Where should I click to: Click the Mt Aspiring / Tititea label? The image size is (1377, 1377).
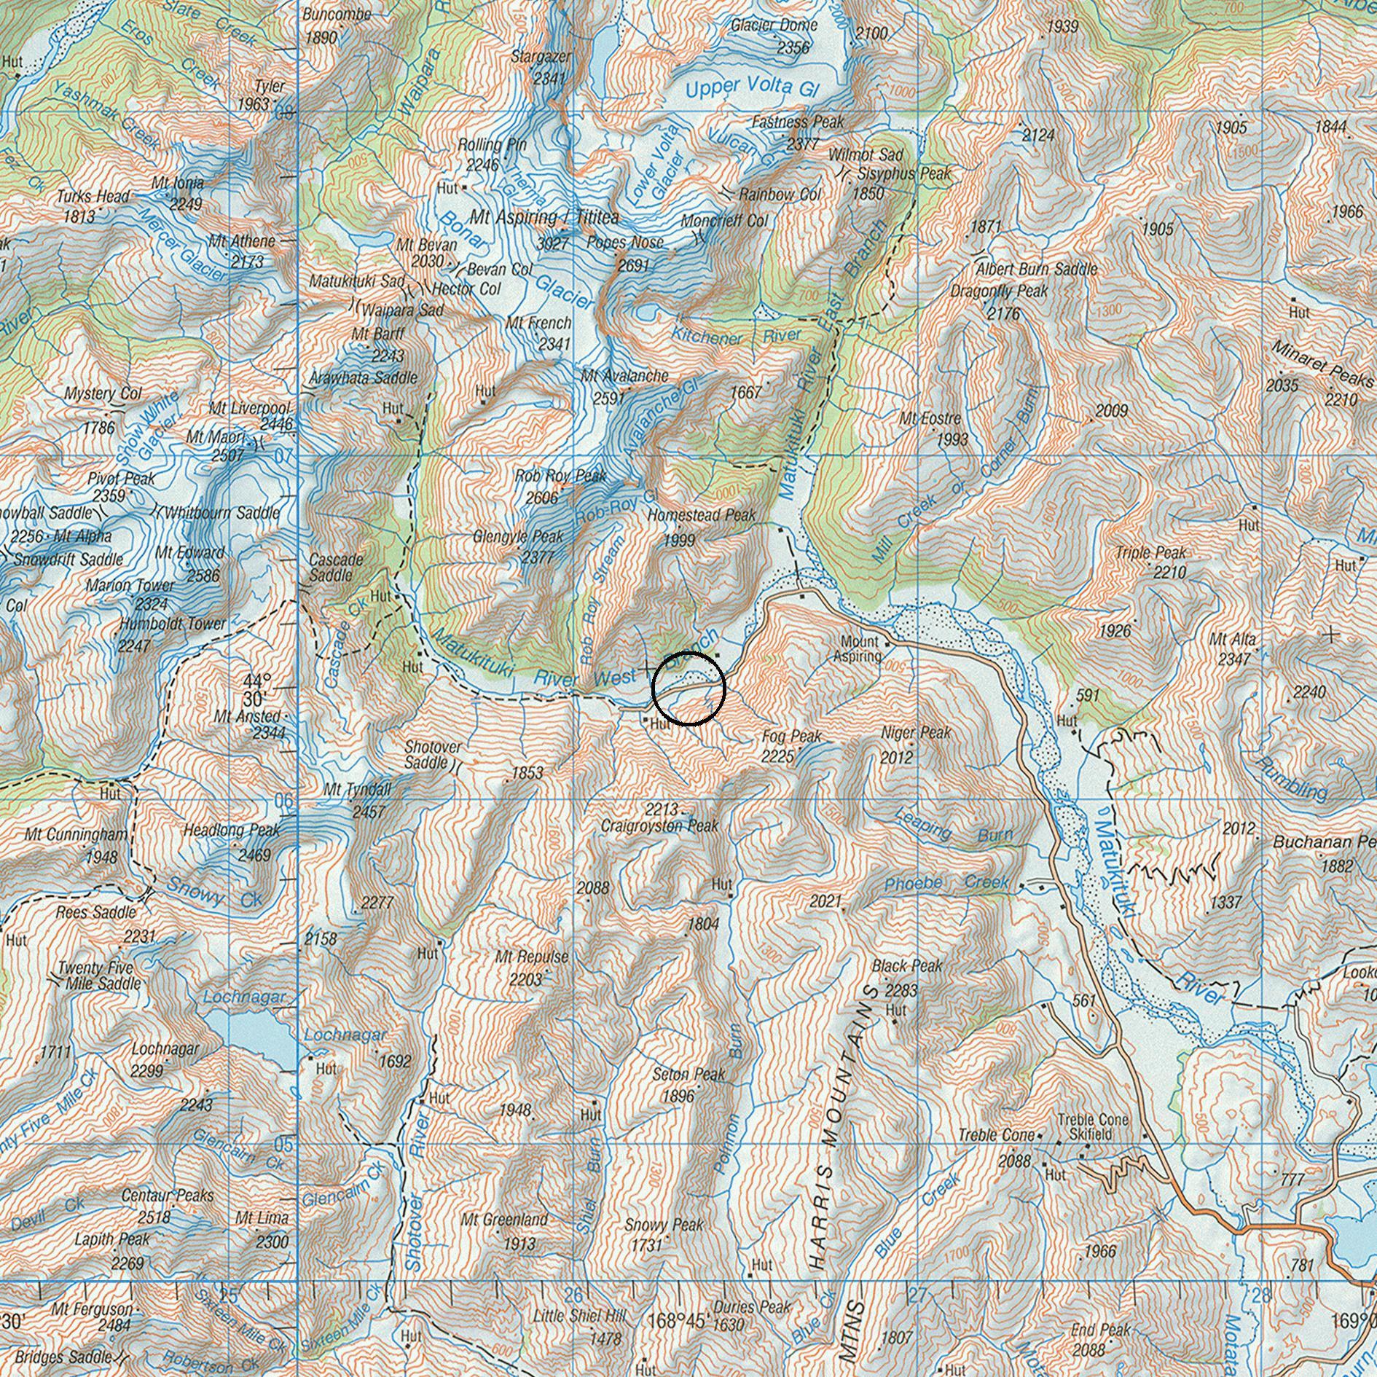tap(544, 217)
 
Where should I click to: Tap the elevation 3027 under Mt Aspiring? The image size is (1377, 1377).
tap(552, 243)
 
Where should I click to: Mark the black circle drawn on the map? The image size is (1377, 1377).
tap(688, 688)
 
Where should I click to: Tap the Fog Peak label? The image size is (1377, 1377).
tap(792, 736)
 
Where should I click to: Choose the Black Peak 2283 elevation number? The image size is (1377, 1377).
tap(901, 991)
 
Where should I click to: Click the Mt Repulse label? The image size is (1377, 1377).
tap(531, 957)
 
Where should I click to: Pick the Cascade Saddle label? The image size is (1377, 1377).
tap(336, 567)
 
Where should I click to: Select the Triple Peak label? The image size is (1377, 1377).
tap(1150, 553)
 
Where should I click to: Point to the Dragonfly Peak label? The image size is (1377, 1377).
tap(999, 291)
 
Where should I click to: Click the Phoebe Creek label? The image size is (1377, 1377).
tap(946, 883)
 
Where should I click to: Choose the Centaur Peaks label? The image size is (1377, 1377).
tap(168, 1196)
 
